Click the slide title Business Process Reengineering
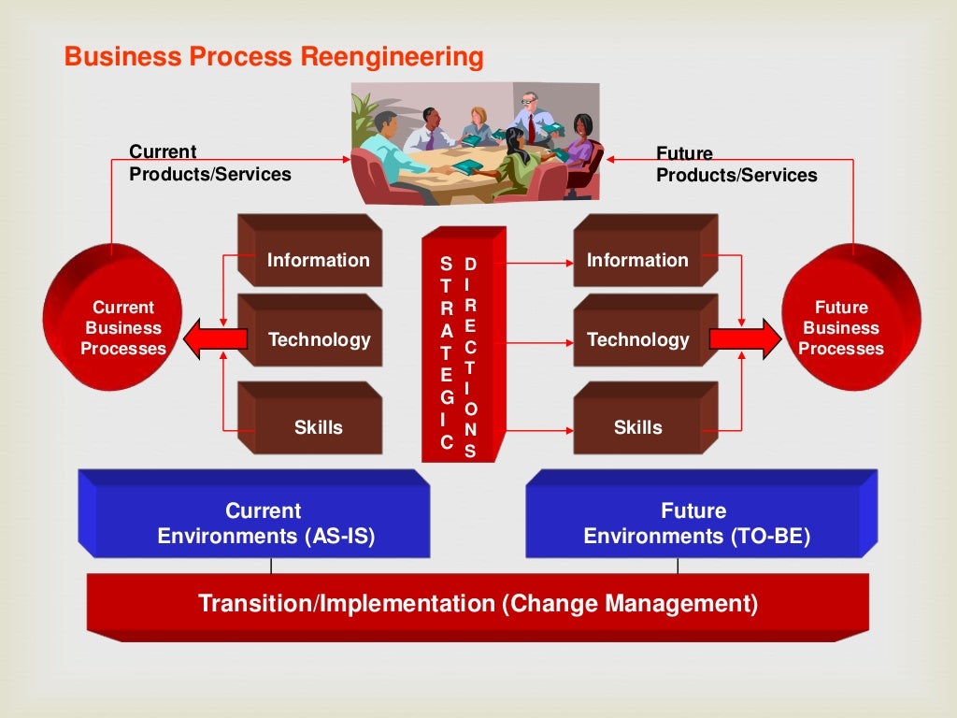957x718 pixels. tap(274, 57)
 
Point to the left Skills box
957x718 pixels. tap(311, 422)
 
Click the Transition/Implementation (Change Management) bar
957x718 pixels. tap(477, 604)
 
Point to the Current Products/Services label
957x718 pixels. tap(209, 163)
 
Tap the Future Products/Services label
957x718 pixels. tap(736, 165)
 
